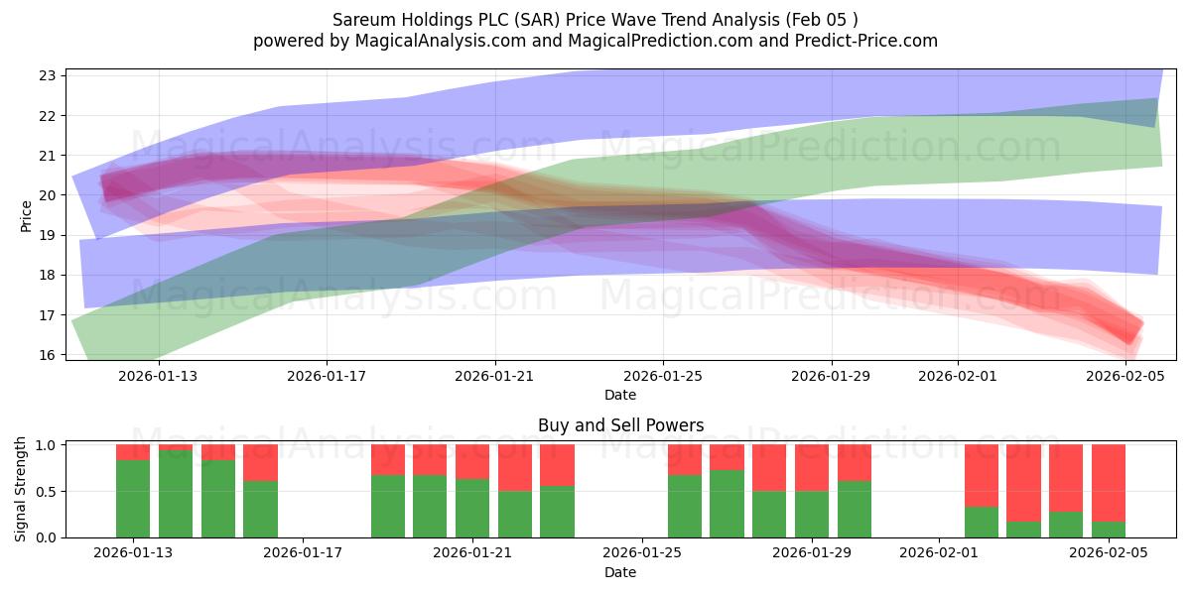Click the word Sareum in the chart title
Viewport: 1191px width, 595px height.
[x=363, y=20]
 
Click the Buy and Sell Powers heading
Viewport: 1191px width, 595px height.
[x=620, y=425]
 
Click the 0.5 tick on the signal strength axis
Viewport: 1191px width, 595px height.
[x=45, y=492]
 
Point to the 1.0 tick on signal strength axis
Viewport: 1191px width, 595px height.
[x=45, y=445]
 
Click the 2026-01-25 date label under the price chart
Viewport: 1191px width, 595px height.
[x=662, y=376]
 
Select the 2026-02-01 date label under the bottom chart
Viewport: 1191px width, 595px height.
[x=938, y=553]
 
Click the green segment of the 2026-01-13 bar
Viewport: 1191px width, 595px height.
[x=133, y=498]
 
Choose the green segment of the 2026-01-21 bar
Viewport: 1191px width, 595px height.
[x=472, y=508]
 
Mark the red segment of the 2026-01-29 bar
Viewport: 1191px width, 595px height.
[x=812, y=467]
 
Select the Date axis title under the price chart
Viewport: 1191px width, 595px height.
[x=620, y=395]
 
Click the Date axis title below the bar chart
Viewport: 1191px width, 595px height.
[x=620, y=572]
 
